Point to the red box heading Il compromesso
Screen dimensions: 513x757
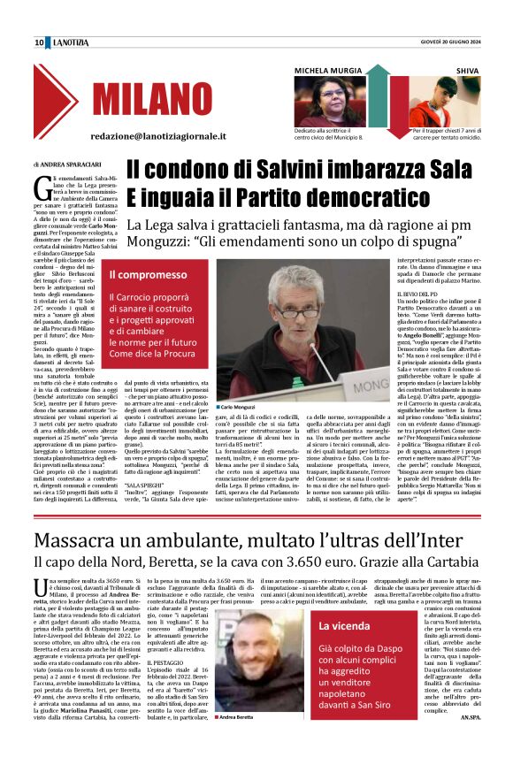pos(148,276)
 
